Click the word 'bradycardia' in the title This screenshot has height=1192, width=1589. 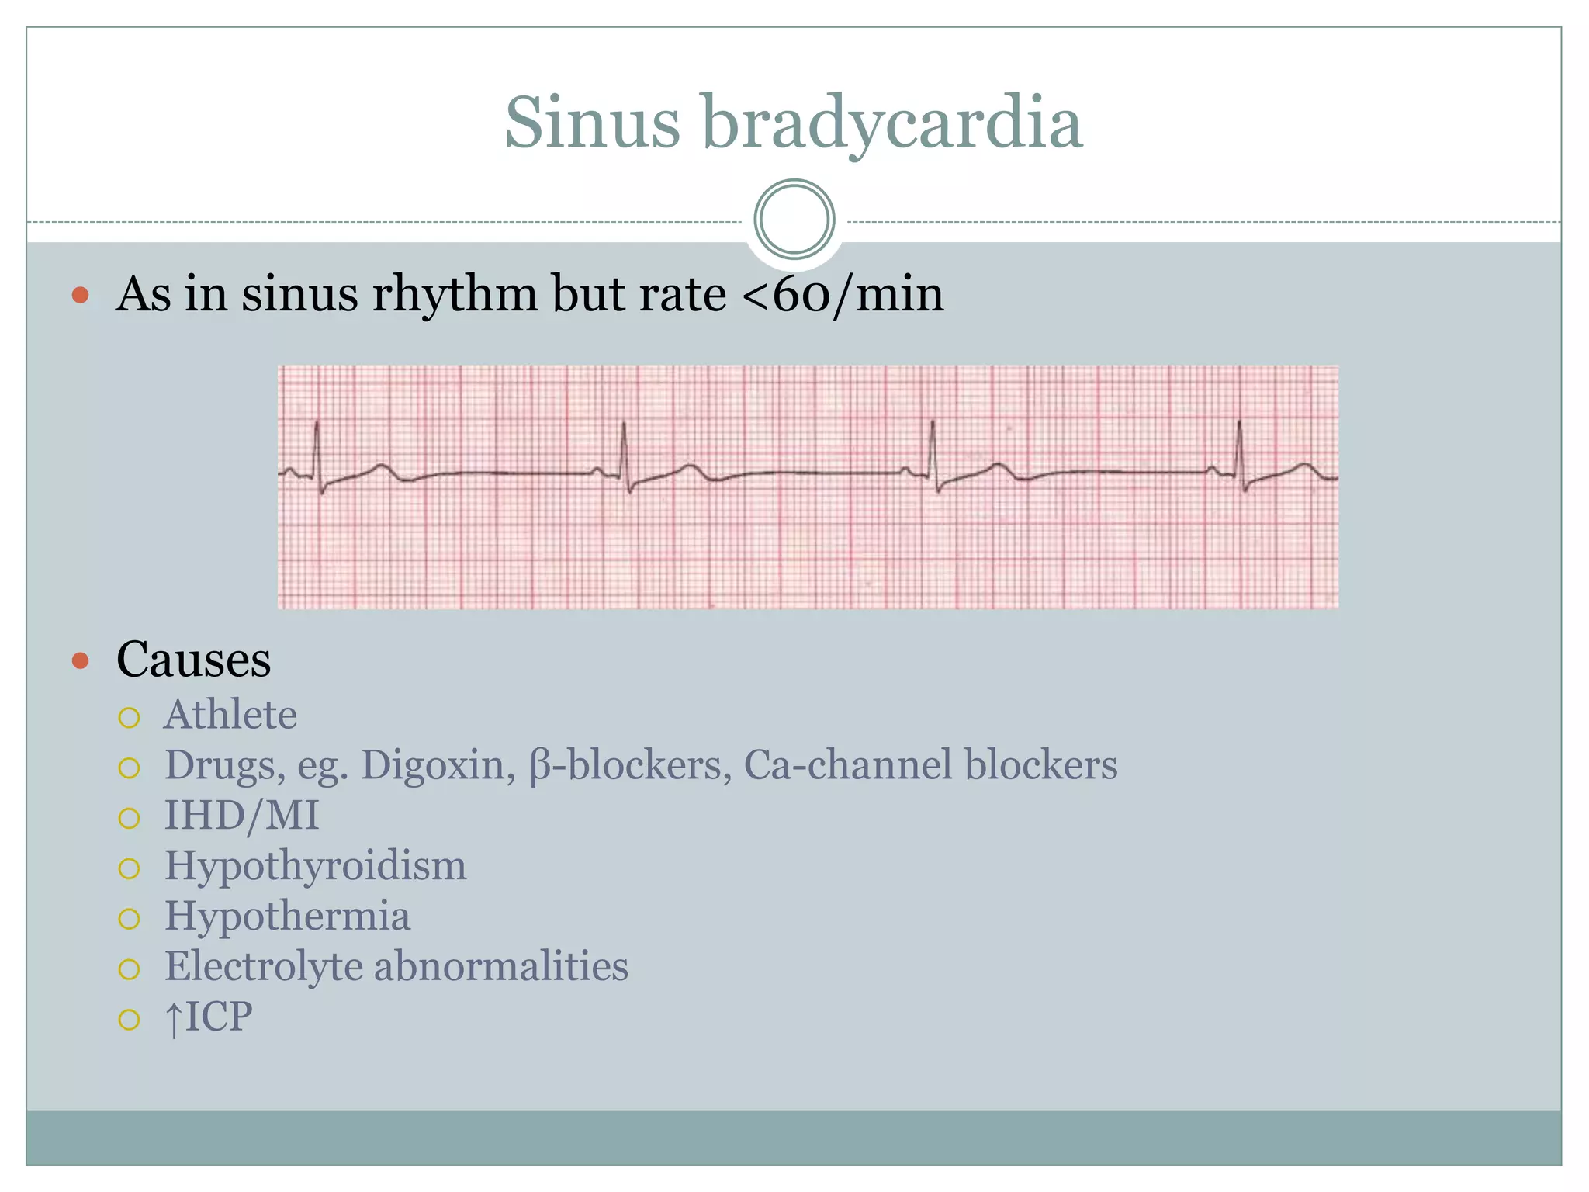[892, 124]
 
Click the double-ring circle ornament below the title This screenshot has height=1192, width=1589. [794, 220]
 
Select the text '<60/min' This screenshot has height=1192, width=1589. [843, 295]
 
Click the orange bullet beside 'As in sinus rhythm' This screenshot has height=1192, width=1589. [80, 296]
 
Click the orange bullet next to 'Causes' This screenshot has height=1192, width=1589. [80, 661]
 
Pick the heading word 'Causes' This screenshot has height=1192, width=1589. [194, 660]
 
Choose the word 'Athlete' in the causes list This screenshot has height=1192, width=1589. [230, 715]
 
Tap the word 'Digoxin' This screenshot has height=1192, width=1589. [438, 765]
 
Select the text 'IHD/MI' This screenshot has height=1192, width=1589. [241, 816]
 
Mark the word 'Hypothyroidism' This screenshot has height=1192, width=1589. [315, 866]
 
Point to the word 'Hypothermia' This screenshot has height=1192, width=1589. [287, 917]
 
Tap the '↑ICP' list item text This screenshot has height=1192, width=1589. [208, 1017]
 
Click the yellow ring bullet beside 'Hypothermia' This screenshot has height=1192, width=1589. [129, 919]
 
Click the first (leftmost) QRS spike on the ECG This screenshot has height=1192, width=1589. [317, 450]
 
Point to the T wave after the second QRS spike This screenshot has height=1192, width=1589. [689, 468]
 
